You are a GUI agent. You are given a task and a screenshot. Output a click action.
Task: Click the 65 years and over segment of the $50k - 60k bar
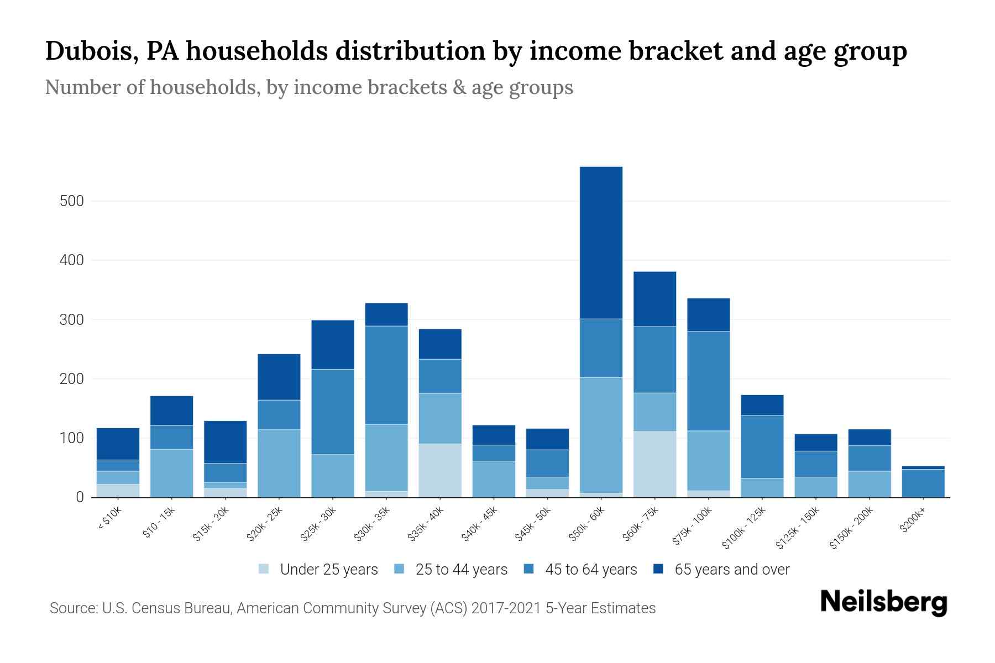[601, 243]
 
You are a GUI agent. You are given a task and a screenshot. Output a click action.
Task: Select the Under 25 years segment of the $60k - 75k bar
[654, 464]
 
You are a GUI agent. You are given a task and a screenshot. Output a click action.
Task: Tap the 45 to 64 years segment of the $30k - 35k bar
[386, 375]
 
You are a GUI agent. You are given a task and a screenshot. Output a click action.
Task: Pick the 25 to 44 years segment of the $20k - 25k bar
[279, 464]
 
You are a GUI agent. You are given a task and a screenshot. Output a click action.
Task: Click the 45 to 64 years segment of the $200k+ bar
[923, 483]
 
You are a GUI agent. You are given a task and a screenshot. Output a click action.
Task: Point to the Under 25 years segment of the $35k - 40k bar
[440, 470]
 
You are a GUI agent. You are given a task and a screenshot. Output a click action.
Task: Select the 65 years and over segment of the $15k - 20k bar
[225, 442]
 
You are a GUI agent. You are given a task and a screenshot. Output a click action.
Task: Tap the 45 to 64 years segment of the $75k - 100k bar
[708, 381]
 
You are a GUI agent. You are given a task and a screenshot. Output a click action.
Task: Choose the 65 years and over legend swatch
[658, 569]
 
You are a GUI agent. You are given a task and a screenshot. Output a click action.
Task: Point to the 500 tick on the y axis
[72, 201]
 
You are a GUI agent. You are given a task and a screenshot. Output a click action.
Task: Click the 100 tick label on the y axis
[72, 439]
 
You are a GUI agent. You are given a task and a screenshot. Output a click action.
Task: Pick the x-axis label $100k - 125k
[744, 528]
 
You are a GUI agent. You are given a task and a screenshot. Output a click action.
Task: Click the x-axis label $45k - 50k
[533, 523]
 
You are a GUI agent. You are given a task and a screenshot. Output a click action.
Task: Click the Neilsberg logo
[883, 602]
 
